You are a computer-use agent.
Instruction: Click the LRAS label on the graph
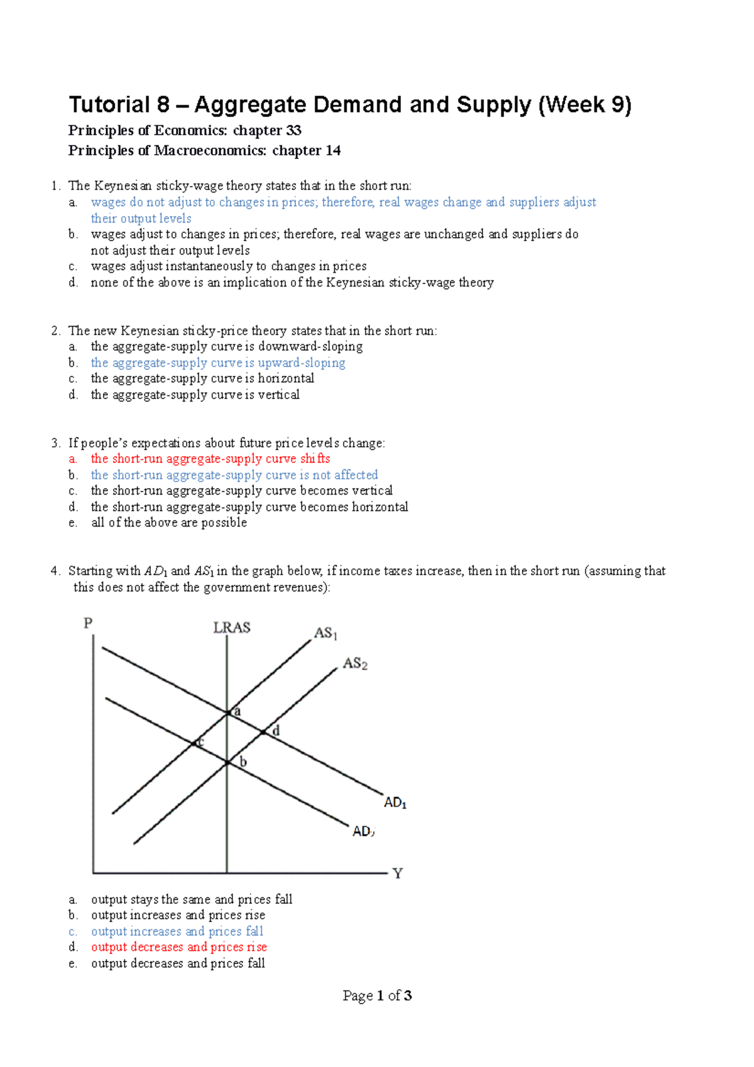pyautogui.click(x=232, y=627)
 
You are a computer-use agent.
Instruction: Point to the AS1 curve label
pyautogui.click(x=325, y=633)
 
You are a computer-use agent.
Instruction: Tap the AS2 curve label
pyautogui.click(x=355, y=664)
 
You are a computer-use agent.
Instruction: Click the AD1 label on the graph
pyautogui.click(x=395, y=802)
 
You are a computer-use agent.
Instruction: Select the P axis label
pyautogui.click(x=88, y=623)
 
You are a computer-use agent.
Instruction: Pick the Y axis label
pyautogui.click(x=397, y=873)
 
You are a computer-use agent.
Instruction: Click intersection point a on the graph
pyautogui.click(x=227, y=713)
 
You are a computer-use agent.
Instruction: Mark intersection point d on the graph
pyautogui.click(x=263, y=732)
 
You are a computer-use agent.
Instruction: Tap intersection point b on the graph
pyautogui.click(x=227, y=763)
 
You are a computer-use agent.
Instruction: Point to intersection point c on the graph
pyautogui.click(x=194, y=743)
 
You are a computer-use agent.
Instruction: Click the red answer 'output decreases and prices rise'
pyautogui.click(x=179, y=947)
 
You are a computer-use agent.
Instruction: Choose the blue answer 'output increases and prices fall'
pyautogui.click(x=177, y=931)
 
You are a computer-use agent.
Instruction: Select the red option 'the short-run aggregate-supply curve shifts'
pyautogui.click(x=210, y=459)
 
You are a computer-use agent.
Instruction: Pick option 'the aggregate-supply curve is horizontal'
pyautogui.click(x=202, y=378)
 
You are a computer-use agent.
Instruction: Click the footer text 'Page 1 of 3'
pyautogui.click(x=377, y=995)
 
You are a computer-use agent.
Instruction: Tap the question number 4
pyautogui.click(x=55, y=571)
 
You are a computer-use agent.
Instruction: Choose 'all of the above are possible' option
pyautogui.click(x=169, y=523)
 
